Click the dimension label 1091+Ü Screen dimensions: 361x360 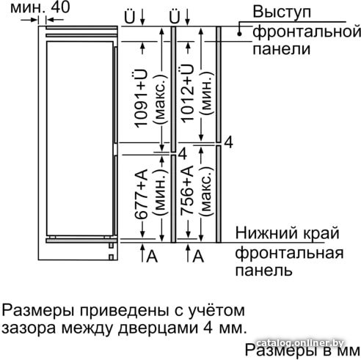142,98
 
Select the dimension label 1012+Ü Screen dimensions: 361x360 187,93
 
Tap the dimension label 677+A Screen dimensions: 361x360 142,194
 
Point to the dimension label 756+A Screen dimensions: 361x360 187,191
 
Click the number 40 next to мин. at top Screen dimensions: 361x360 60,7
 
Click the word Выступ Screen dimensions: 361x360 282,12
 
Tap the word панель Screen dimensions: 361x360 263,271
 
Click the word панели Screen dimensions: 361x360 281,49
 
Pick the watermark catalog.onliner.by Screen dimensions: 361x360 300,343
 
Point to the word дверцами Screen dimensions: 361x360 158,328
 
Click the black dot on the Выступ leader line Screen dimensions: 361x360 240,34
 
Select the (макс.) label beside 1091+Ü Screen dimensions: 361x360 161,98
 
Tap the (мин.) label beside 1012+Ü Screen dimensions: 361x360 206,93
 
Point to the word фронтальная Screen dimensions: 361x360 290,253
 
